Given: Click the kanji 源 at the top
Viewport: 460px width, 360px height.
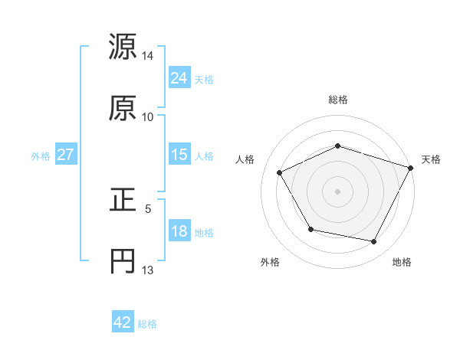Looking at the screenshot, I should pos(123,47).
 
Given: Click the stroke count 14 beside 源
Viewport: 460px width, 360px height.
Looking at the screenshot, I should pos(148,56).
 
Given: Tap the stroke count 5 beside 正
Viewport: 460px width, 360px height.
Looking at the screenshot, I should pos(148,208).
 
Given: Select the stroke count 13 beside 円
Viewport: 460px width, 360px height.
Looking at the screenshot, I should pos(148,270).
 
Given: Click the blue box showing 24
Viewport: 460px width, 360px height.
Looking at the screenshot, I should pos(179,77).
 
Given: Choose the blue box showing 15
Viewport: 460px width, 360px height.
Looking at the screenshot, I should pos(179,155).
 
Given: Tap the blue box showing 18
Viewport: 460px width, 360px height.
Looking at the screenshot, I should pos(179,231).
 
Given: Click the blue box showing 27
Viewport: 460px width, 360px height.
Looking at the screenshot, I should pos(66,155).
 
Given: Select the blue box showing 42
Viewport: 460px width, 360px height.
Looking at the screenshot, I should pos(123,322).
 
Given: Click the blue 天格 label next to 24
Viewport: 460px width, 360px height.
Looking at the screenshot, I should pos(204,80).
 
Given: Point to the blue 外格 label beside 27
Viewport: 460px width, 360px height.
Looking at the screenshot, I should pos(41,156).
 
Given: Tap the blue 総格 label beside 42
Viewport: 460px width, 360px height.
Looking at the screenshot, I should pos(147,324).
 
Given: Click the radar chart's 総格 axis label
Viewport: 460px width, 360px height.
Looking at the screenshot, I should pos(338,100).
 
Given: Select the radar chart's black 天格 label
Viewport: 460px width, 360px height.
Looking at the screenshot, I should pos(431,159).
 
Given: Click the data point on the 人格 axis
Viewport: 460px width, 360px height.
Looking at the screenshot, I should pos(280,172).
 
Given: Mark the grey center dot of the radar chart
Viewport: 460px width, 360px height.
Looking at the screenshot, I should pos(338,191).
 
